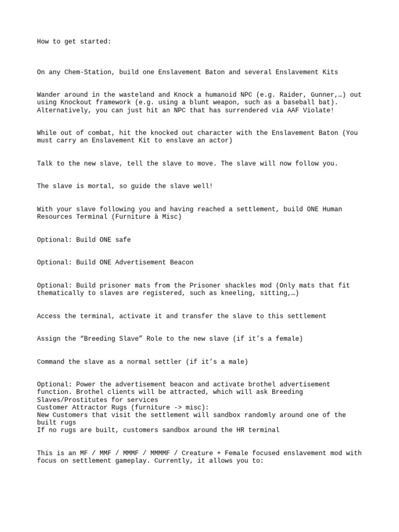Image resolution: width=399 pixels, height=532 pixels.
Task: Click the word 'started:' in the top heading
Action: click(95, 42)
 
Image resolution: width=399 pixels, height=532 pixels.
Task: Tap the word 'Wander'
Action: click(48, 95)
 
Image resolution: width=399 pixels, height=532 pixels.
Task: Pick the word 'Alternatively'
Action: click(63, 110)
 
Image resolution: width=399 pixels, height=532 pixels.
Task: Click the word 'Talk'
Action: click(45, 164)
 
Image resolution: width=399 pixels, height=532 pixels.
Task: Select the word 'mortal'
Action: click(99, 187)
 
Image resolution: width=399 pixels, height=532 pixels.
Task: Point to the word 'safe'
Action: click(123, 240)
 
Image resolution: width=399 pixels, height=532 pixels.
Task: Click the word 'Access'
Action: click(48, 316)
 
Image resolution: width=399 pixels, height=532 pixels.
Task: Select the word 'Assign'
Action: click(48, 339)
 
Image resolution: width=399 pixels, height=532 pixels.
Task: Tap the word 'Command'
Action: click(50, 362)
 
